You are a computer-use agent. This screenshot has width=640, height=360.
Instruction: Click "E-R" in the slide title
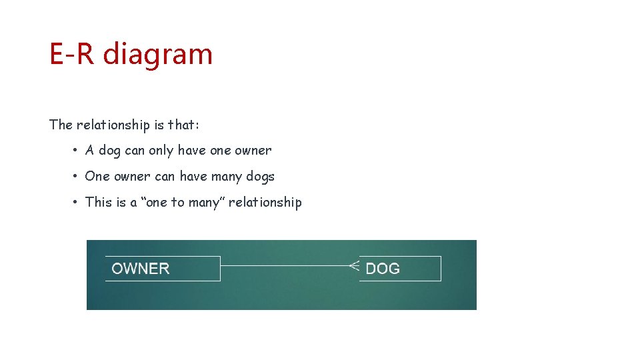pyautogui.click(x=71, y=54)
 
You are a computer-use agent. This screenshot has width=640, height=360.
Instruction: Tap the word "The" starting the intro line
pyautogui.click(x=61, y=125)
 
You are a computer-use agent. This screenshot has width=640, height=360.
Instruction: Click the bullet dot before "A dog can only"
pyautogui.click(x=77, y=151)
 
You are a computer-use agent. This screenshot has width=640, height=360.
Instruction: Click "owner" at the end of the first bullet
pyautogui.click(x=253, y=151)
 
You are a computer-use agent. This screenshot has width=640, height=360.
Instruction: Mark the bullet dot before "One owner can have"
pyautogui.click(x=77, y=177)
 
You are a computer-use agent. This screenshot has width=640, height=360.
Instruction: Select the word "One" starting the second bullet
pyautogui.click(x=97, y=177)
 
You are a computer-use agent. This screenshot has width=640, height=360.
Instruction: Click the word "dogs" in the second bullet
pyautogui.click(x=259, y=177)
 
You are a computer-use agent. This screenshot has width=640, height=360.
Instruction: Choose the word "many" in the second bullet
pyautogui.click(x=226, y=177)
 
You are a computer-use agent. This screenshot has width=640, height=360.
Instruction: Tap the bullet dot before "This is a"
pyautogui.click(x=77, y=203)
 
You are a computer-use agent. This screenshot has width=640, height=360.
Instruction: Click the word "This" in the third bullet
pyautogui.click(x=99, y=202)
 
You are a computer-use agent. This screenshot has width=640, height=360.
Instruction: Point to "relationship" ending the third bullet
pyautogui.click(x=265, y=202)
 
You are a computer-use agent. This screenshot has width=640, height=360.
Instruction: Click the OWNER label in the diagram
pyautogui.click(x=141, y=269)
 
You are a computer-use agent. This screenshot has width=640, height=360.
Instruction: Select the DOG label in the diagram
pyautogui.click(x=383, y=269)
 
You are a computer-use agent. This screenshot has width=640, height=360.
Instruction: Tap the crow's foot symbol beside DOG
pyautogui.click(x=354, y=266)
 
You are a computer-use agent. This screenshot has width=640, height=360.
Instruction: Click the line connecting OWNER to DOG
pyautogui.click(x=283, y=266)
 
